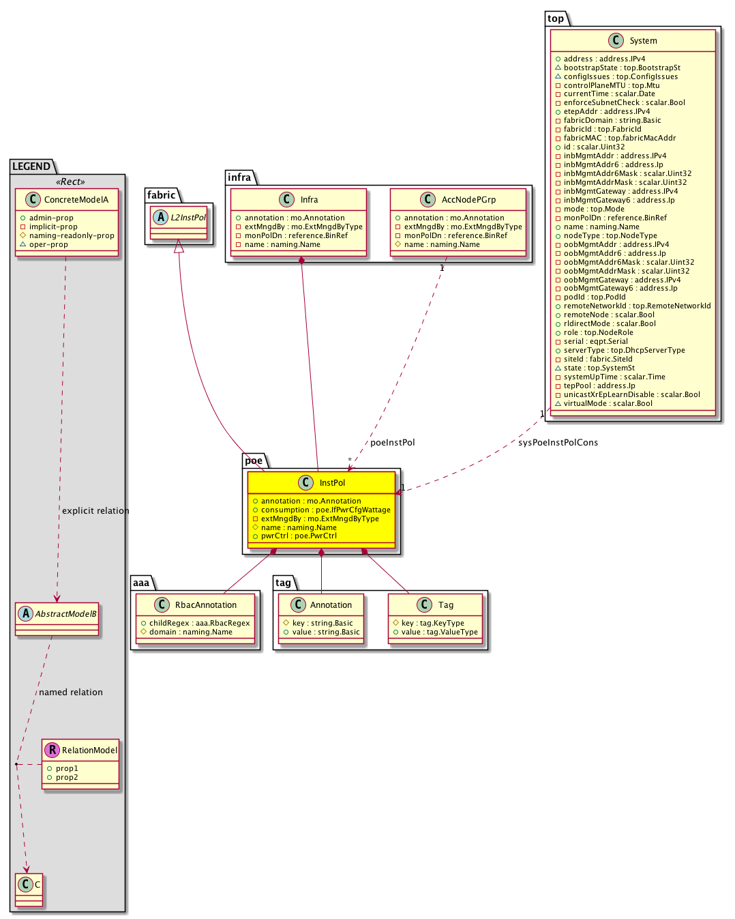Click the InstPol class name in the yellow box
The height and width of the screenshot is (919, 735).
(x=332, y=483)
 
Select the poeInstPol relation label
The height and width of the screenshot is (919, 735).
(x=392, y=443)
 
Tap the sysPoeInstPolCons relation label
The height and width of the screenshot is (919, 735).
(x=558, y=443)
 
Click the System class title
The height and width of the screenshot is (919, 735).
(x=643, y=41)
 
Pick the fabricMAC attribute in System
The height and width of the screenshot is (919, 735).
(x=619, y=138)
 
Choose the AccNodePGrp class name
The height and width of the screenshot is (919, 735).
(x=468, y=200)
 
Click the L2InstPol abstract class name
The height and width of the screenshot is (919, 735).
(x=188, y=218)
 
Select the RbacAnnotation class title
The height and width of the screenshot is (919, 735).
(x=206, y=605)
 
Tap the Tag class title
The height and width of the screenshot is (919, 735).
(x=446, y=605)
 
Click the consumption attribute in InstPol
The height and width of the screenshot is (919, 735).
(x=325, y=510)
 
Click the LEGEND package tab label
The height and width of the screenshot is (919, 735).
(x=31, y=166)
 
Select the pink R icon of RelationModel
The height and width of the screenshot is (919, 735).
(x=52, y=750)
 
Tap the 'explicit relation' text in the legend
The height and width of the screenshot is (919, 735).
(x=95, y=511)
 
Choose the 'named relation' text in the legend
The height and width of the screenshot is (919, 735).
(x=71, y=692)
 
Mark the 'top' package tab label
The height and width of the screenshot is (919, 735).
(x=556, y=18)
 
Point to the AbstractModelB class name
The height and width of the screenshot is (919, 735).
(x=65, y=614)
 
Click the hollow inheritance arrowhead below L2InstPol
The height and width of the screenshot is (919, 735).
(x=179, y=246)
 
